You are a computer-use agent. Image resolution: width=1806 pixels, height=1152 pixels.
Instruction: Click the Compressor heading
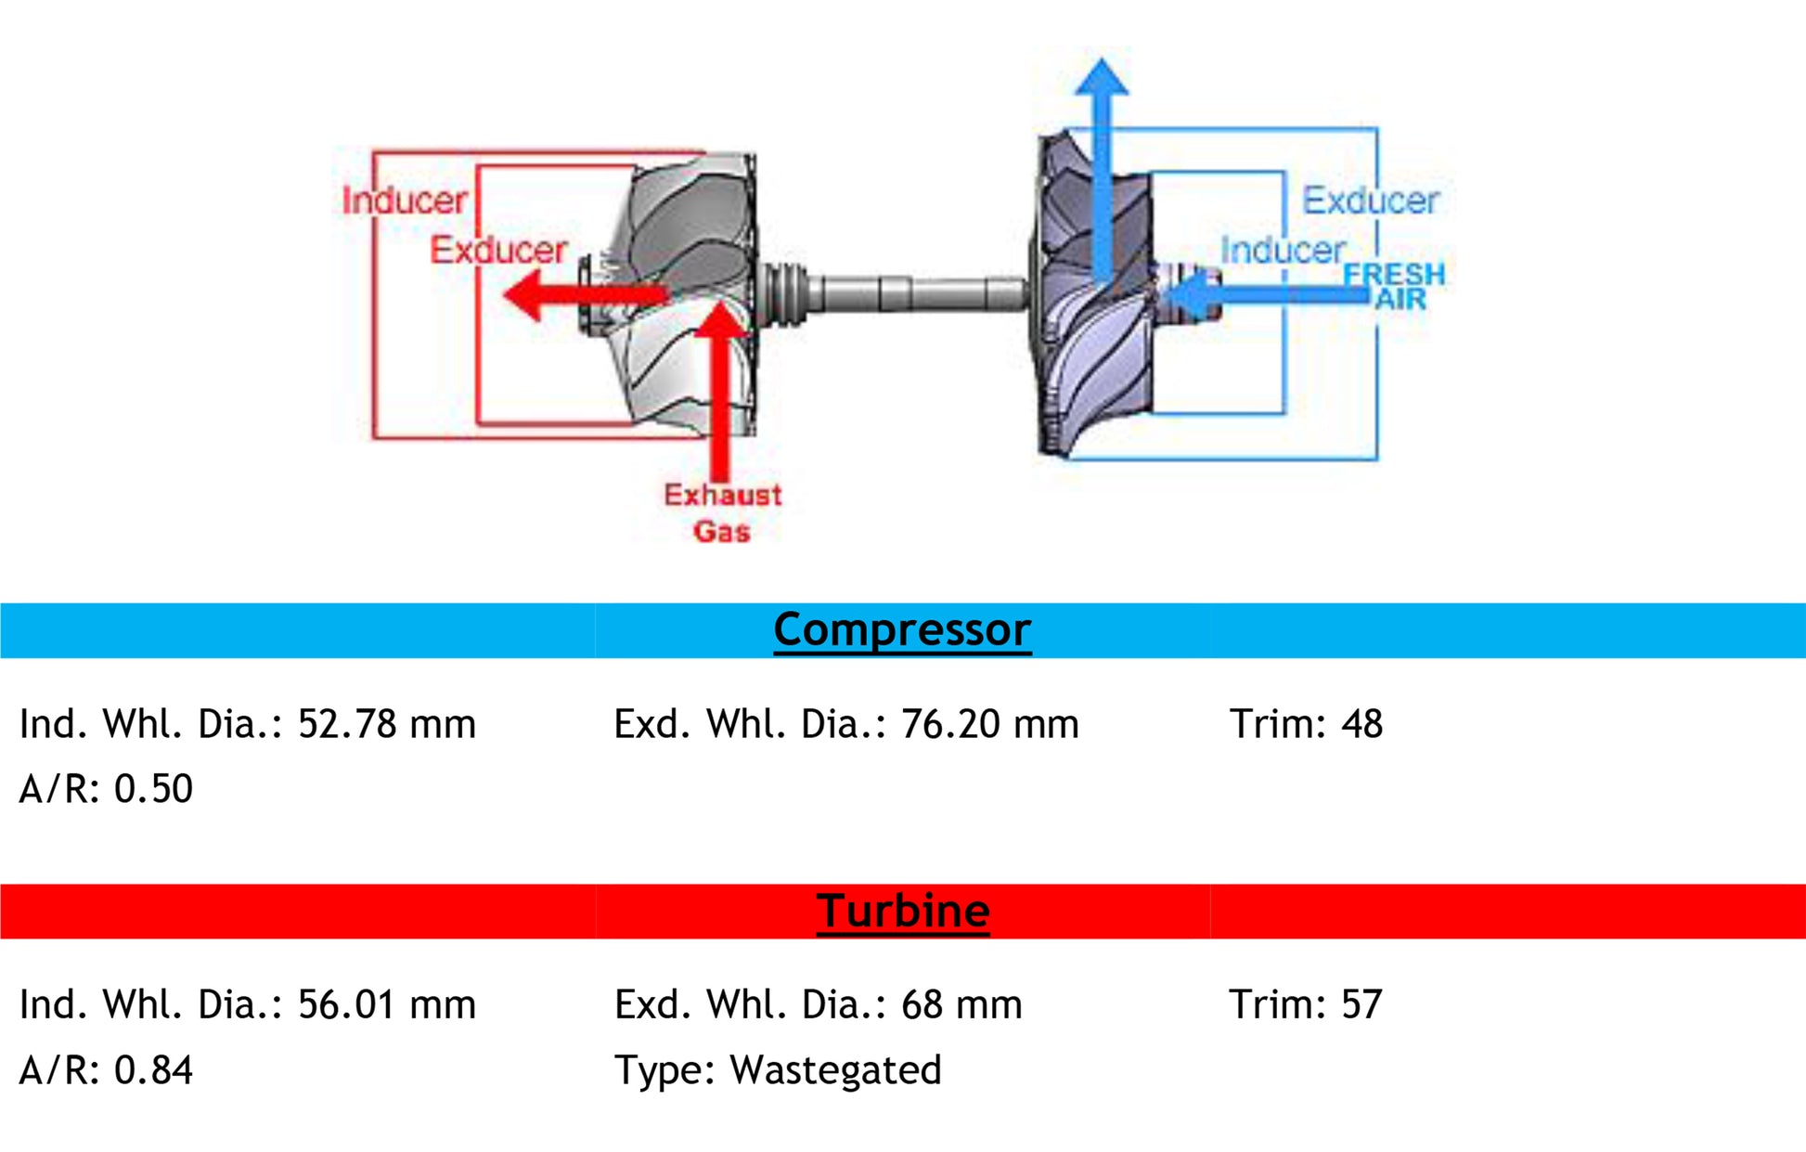pyautogui.click(x=902, y=630)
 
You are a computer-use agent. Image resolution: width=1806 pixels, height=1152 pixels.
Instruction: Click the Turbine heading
pyautogui.click(x=902, y=911)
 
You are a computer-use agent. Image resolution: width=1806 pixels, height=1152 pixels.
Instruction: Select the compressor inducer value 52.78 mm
pyautogui.click(x=386, y=724)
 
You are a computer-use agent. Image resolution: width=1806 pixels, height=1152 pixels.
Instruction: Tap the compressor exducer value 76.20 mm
pyautogui.click(x=989, y=724)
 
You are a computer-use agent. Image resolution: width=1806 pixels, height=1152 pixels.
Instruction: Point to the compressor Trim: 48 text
pyautogui.click(x=1306, y=724)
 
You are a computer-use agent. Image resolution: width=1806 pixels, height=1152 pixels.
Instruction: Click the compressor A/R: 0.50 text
pyautogui.click(x=106, y=789)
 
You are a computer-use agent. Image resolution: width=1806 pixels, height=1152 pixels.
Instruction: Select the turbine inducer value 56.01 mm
pyautogui.click(x=386, y=1004)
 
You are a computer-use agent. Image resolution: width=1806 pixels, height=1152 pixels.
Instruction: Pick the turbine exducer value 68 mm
pyautogui.click(x=961, y=1004)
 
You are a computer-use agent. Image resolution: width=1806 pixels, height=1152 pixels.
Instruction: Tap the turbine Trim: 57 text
pyautogui.click(x=1306, y=1004)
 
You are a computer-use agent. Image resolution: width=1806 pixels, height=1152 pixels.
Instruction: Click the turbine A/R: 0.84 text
pyautogui.click(x=106, y=1070)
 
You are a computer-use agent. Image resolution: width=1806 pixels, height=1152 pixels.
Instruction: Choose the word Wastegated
pyautogui.click(x=835, y=1070)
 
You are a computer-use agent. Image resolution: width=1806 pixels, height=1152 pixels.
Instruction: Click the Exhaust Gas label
pyautogui.click(x=722, y=512)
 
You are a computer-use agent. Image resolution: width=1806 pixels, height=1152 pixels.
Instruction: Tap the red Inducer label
pyautogui.click(x=405, y=201)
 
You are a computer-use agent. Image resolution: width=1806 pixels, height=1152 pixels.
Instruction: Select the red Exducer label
pyautogui.click(x=498, y=250)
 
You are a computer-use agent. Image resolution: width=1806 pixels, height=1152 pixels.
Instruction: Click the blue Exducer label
pyautogui.click(x=1370, y=201)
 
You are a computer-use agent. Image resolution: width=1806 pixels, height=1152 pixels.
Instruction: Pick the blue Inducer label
pyautogui.click(x=1283, y=250)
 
